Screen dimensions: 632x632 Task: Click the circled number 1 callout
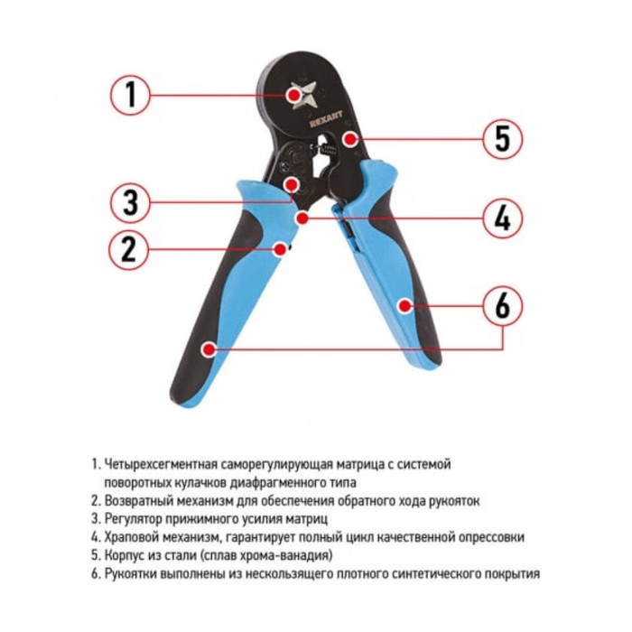(130, 95)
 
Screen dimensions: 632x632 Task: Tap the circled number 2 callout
(129, 250)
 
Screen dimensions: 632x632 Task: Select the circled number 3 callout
(130, 203)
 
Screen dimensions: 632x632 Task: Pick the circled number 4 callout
(503, 218)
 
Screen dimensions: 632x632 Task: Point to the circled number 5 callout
(503, 139)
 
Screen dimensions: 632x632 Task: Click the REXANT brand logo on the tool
(326, 119)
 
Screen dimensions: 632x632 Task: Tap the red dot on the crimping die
(294, 95)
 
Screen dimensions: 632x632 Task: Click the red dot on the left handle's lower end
(209, 349)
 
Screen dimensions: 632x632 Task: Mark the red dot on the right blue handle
(404, 306)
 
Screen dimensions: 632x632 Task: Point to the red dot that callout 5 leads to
(350, 139)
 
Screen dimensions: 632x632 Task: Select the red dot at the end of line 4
(302, 218)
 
